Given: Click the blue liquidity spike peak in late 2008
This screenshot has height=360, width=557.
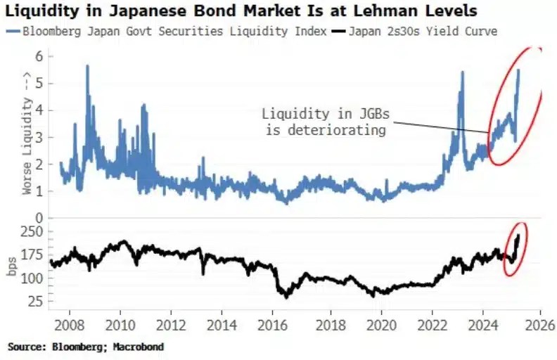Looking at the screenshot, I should tap(87, 66).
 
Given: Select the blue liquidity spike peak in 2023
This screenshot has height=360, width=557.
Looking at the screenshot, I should tap(462, 72).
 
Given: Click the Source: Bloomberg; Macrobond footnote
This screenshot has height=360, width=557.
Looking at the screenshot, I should tap(89, 347).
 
